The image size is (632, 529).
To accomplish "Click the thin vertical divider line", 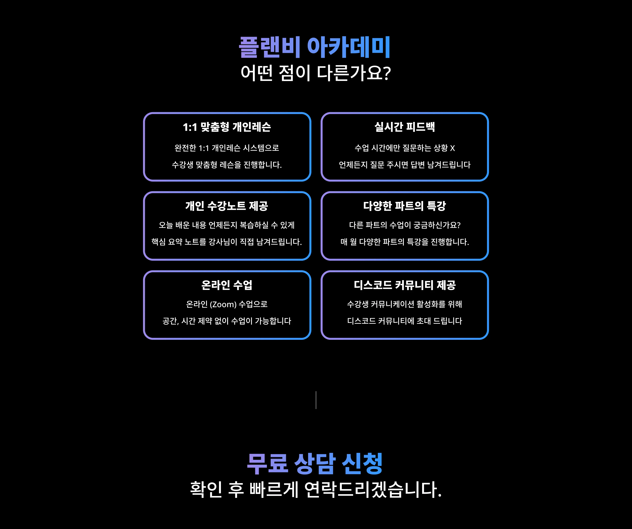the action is point(316,400).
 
